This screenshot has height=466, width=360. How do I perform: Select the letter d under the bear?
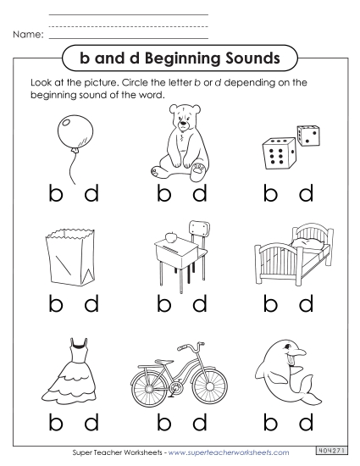(x=200, y=194)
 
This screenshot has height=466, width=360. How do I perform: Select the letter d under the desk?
(x=200, y=302)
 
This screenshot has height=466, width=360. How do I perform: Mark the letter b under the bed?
(x=271, y=302)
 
